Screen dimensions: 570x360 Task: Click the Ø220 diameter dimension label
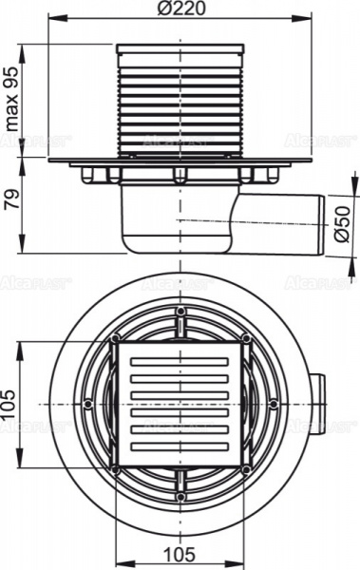click(180, 9)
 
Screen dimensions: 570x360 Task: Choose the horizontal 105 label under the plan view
click(180, 554)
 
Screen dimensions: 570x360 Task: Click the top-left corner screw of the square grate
click(115, 339)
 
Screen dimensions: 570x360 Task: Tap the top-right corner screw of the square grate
click(246, 339)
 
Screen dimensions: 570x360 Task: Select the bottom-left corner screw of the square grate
click(115, 469)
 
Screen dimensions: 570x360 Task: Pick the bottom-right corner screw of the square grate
click(246, 469)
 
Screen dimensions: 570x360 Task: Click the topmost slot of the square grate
click(180, 362)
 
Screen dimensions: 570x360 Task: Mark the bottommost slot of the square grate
click(180, 446)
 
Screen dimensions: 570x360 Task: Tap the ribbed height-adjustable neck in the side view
click(180, 100)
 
